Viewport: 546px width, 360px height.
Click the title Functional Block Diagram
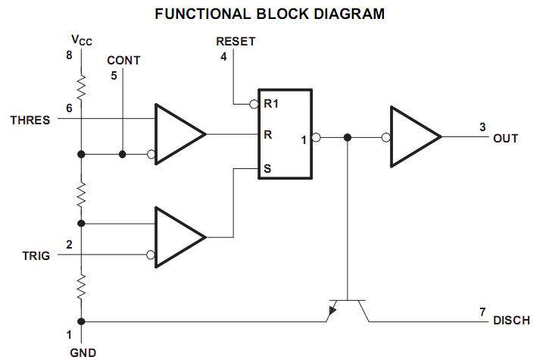pyautogui.click(x=269, y=14)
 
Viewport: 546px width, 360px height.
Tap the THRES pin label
pyautogui.click(x=30, y=120)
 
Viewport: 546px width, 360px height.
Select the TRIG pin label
pyautogui.click(x=36, y=256)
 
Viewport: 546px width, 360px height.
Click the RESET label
pyautogui.click(x=236, y=42)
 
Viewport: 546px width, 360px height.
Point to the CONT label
pyautogui.click(x=123, y=61)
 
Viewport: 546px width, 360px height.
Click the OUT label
pyautogui.click(x=505, y=139)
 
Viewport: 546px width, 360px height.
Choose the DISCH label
pyautogui.click(x=511, y=321)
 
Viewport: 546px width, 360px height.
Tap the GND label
pyautogui.click(x=83, y=352)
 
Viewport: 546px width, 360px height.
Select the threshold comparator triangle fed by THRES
pyautogui.click(x=178, y=135)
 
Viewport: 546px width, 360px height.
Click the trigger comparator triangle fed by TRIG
pyautogui.click(x=178, y=237)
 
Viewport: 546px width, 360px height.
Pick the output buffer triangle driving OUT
pyautogui.click(x=413, y=137)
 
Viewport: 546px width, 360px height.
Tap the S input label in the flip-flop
pyautogui.click(x=267, y=167)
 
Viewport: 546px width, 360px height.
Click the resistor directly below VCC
pyautogui.click(x=82, y=89)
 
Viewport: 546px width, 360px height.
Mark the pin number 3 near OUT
pyautogui.click(x=482, y=127)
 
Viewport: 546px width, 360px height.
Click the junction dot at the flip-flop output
pyautogui.click(x=347, y=138)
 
